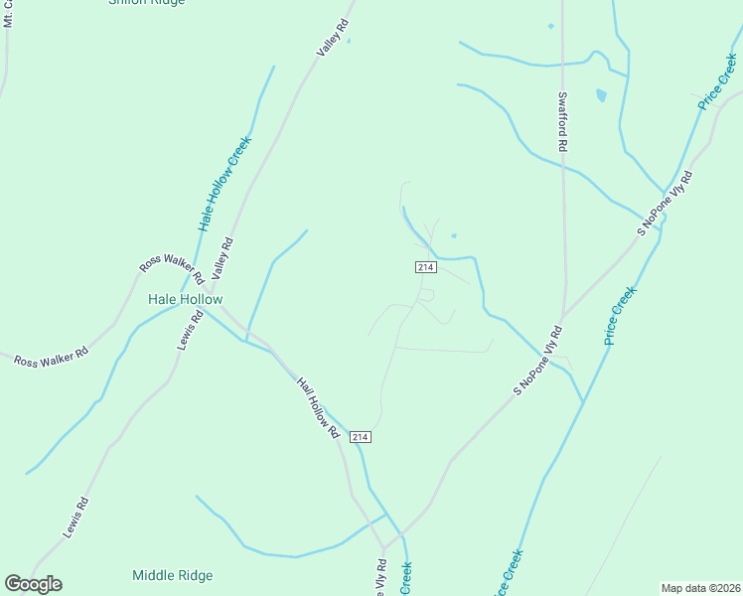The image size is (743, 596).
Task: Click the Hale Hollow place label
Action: tap(185, 299)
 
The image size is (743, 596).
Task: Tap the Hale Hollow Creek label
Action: tap(225, 184)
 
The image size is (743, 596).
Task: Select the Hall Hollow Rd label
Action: tap(319, 406)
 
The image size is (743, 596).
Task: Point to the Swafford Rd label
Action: tap(562, 122)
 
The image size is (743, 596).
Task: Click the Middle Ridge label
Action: tap(172, 575)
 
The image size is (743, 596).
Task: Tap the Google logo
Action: tap(33, 584)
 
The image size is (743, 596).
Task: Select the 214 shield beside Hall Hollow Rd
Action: tap(360, 437)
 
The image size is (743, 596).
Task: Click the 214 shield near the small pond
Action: tap(425, 268)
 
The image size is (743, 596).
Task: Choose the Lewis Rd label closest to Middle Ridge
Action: tap(75, 518)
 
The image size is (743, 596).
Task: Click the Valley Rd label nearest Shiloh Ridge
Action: tap(332, 38)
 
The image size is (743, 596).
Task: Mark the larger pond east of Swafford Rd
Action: tap(601, 95)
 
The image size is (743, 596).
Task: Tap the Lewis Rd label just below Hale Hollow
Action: tap(190, 330)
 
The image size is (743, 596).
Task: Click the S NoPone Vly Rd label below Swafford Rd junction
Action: tap(537, 361)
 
